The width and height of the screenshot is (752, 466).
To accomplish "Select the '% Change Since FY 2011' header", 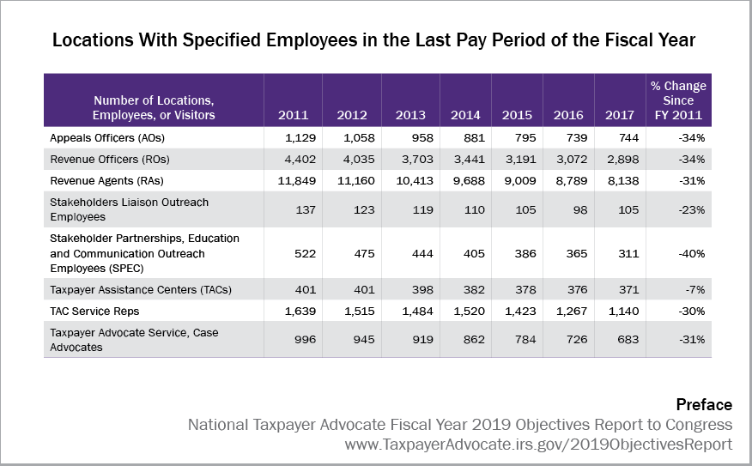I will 678,100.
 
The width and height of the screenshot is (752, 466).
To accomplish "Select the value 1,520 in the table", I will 466,311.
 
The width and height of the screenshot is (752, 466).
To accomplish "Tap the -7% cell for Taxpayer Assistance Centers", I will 693,289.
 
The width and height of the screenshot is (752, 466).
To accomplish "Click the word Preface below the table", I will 704,405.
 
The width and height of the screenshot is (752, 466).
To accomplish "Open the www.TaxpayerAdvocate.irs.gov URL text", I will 538,445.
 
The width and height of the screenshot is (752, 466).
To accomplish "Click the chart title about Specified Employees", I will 374,40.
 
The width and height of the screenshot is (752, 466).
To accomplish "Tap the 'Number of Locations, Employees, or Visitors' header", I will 155,107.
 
